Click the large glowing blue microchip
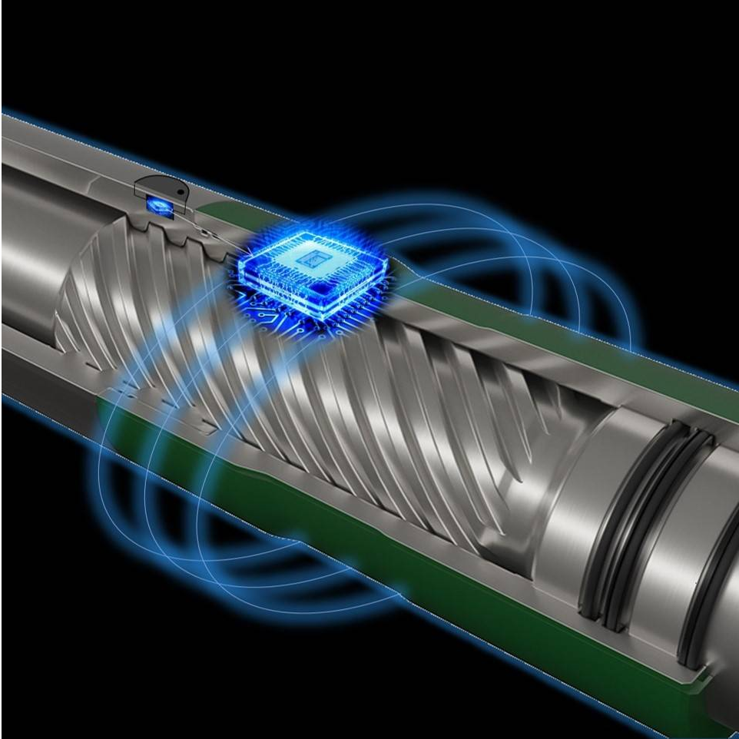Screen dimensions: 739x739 click(x=311, y=273)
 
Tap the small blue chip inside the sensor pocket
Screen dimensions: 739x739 click(x=158, y=205)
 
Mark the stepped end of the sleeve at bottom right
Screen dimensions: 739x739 click(x=695, y=676)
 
